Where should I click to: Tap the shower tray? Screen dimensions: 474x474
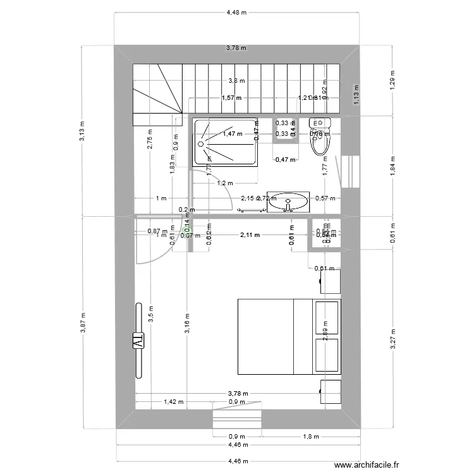coord(226,142)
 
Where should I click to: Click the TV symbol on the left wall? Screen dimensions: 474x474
coord(137,340)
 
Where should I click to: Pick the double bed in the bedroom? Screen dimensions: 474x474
coord(288,337)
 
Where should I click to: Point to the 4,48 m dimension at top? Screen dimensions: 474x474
coord(237,11)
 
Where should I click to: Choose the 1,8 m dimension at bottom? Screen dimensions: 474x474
coord(311,436)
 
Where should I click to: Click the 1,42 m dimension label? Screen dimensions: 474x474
coord(174,401)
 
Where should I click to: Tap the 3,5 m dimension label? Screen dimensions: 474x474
coord(150,314)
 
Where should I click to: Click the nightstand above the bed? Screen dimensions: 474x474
coord(331,281)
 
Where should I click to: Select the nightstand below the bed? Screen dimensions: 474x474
coord(331,391)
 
